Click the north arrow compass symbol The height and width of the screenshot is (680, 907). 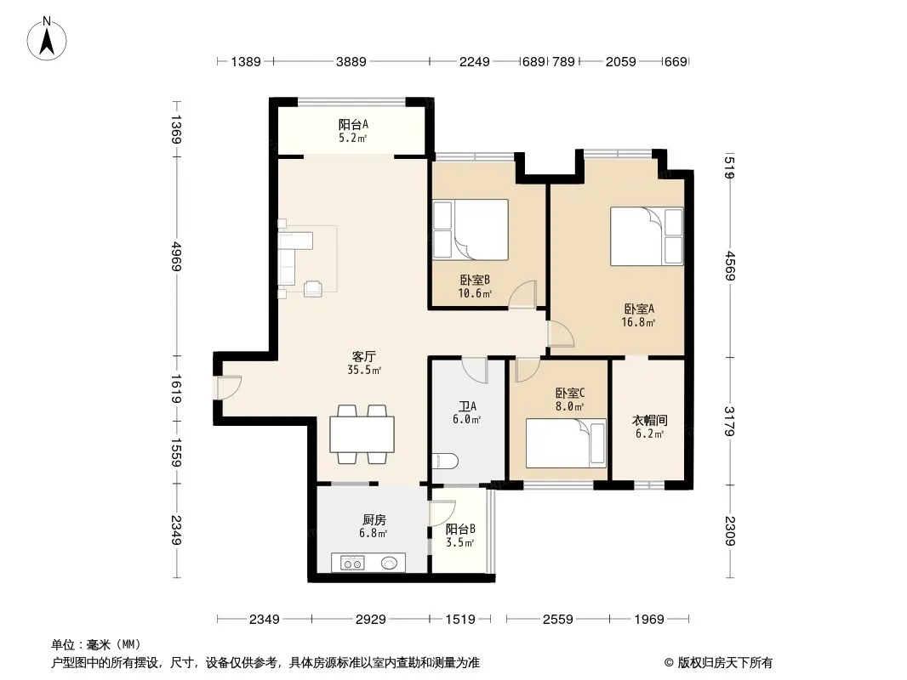pos(47,39)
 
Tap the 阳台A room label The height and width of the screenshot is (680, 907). pos(353,124)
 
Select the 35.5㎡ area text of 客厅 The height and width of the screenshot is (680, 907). pos(364,371)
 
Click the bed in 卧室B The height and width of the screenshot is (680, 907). pos(471,229)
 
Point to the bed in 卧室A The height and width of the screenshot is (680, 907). pos(647,236)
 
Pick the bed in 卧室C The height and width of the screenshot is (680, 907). pos(566,443)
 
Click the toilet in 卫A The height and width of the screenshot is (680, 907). pos(445,461)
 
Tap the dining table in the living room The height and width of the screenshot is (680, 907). pos(362,433)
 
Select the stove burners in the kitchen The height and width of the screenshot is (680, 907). pos(352,562)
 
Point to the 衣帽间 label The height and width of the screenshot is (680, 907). pos(649,420)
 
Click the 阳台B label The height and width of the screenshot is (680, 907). pos(460,529)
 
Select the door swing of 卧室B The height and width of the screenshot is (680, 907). pos(523,293)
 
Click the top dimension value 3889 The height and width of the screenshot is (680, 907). pos(351,61)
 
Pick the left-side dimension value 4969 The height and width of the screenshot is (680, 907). pos(176,257)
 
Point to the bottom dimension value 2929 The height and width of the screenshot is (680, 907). pos(370,620)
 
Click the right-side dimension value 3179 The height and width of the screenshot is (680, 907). pos(729,421)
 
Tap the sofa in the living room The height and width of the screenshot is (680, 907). pos(295,258)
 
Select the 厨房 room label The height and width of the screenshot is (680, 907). pos(374,520)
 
